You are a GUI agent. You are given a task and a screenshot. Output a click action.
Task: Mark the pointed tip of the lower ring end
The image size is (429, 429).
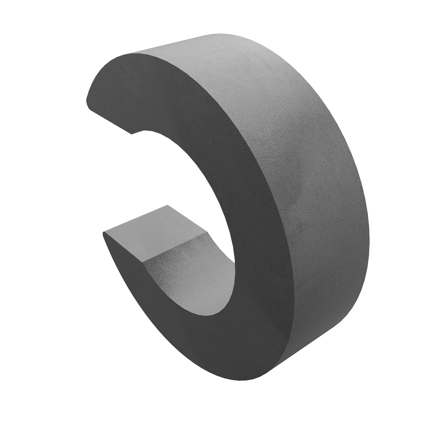[104, 234]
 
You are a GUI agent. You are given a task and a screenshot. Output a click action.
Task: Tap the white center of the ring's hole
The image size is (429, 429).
[179, 186]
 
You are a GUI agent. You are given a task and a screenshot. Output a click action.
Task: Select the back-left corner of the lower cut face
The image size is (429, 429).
[167, 206]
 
